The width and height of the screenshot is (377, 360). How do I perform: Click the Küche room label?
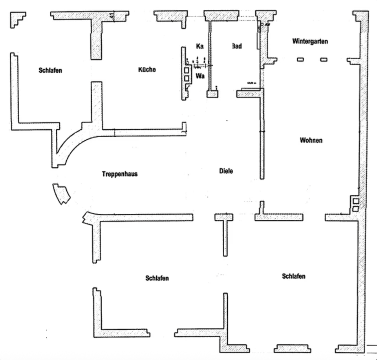pos(147,70)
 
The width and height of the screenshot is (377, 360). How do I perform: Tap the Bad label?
pos(236,46)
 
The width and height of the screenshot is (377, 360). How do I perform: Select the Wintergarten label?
pos(310,41)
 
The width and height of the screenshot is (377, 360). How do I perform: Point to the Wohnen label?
pos(311,140)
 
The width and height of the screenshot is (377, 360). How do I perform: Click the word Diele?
pos(226,171)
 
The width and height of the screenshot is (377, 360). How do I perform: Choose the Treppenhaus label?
pos(120,174)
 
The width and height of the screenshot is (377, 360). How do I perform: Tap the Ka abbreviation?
pos(199,46)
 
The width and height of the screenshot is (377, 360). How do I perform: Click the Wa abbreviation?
pos(200,75)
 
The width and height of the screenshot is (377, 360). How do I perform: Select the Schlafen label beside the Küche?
pos(50,70)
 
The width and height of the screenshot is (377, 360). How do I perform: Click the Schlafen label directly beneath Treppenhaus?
pos(157,278)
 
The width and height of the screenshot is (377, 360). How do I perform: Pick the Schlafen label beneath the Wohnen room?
pos(293,276)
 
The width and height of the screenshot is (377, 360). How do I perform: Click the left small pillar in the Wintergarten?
pos(300,59)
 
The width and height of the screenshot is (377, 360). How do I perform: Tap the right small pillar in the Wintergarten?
pos(324,59)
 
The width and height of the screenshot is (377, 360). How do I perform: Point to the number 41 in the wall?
pos(112,16)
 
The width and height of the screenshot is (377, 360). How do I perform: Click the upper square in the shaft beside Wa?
pos(187,70)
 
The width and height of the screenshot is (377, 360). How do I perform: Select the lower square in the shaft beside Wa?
pos(187,78)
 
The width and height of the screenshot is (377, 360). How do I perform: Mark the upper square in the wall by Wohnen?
pos(355,201)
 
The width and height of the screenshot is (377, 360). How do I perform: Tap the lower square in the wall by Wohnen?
pos(355,209)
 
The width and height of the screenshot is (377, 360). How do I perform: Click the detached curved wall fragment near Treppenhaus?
pos(62,193)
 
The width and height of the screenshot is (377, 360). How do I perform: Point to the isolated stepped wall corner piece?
pos(18,20)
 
